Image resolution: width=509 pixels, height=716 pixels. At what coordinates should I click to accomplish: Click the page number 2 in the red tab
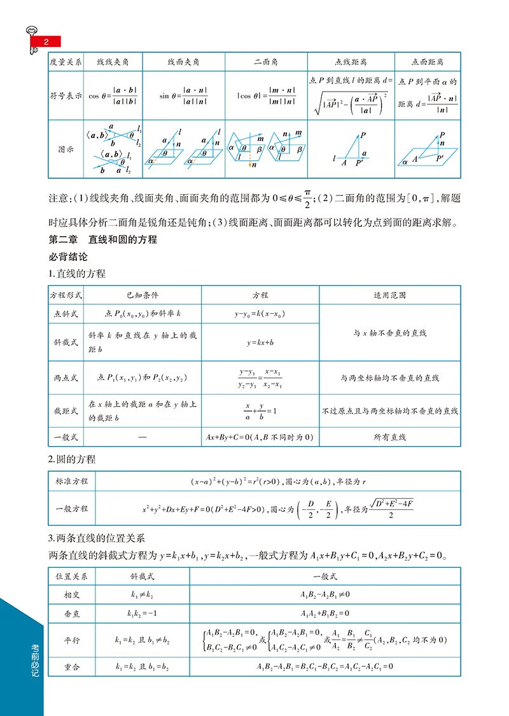click(46, 42)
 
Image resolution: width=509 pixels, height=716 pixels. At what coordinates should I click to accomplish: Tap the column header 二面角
click(266, 62)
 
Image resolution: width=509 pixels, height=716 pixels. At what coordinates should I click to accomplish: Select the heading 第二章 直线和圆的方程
click(102, 241)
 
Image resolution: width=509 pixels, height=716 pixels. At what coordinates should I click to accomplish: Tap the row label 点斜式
click(66, 314)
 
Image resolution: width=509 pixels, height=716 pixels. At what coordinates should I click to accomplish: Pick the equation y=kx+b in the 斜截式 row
click(260, 342)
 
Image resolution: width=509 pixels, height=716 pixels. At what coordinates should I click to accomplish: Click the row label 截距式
click(66, 411)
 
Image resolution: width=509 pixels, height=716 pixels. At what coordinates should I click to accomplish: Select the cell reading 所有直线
click(389, 437)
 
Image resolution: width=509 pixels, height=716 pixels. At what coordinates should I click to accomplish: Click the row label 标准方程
click(72, 481)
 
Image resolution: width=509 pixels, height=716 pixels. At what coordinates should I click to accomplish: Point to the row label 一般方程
click(72, 509)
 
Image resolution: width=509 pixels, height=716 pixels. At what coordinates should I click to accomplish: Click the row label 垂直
click(72, 614)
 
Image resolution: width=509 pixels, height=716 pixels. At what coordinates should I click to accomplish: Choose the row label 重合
click(72, 666)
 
